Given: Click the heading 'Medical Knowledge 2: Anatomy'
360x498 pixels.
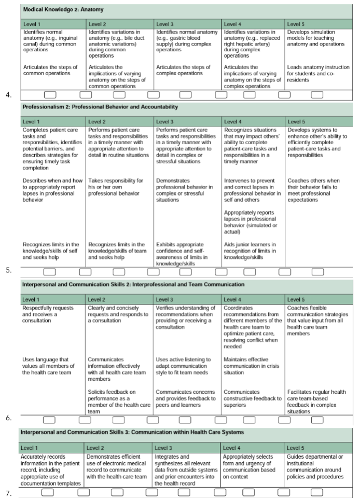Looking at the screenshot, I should coord(63,10).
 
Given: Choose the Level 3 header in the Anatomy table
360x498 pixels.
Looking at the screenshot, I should coord(165,24).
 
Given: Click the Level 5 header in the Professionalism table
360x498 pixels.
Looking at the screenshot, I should coord(296,121).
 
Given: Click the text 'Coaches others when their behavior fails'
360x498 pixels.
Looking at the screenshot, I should coord(316,187).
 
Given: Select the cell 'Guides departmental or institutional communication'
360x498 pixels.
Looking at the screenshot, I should coord(315,463).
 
